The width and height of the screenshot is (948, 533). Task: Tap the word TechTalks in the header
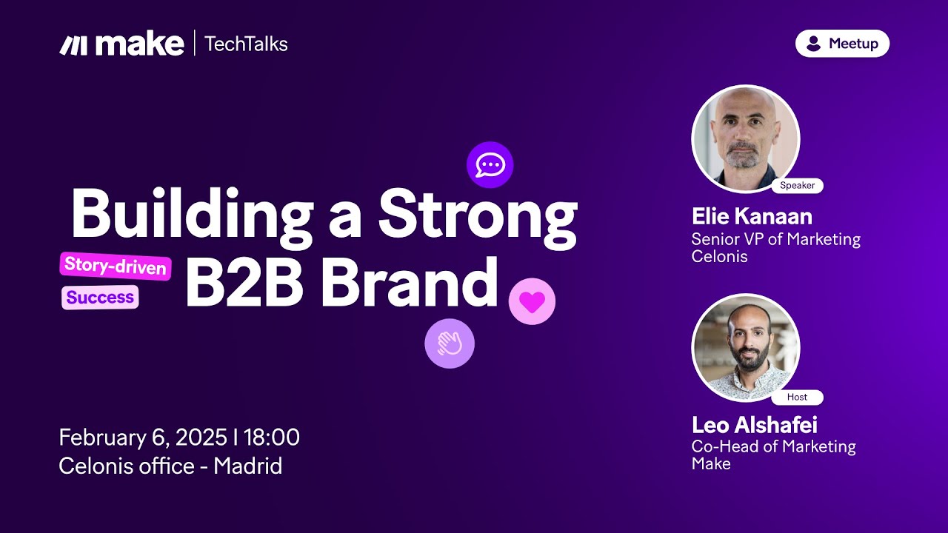click(246, 44)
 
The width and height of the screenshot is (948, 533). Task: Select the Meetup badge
click(842, 43)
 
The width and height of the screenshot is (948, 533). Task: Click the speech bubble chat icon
click(490, 165)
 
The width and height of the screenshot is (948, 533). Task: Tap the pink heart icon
click(532, 301)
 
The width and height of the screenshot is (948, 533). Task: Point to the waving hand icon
click(450, 343)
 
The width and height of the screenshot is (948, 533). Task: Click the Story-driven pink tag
click(116, 266)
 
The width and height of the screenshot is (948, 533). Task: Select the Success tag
click(100, 298)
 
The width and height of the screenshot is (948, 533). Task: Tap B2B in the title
click(244, 282)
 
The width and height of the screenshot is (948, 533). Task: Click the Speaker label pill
click(798, 185)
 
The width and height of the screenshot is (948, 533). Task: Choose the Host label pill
click(798, 397)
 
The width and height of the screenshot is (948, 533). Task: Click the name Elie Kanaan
click(752, 216)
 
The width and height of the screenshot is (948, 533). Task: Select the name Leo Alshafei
click(755, 425)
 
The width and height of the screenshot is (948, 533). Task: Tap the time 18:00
click(271, 437)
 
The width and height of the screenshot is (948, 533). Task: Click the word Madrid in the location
click(247, 466)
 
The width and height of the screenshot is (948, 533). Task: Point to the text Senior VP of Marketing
click(775, 239)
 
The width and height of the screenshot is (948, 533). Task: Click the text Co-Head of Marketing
click(774, 446)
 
